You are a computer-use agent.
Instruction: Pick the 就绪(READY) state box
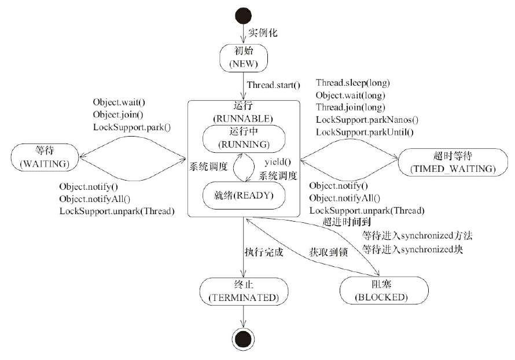(242, 195)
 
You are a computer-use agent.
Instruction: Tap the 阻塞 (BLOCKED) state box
(383, 291)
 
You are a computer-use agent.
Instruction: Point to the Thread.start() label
(274, 85)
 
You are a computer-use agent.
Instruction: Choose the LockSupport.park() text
(131, 126)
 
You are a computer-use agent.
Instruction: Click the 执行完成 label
(264, 253)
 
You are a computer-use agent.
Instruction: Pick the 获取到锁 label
(326, 253)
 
